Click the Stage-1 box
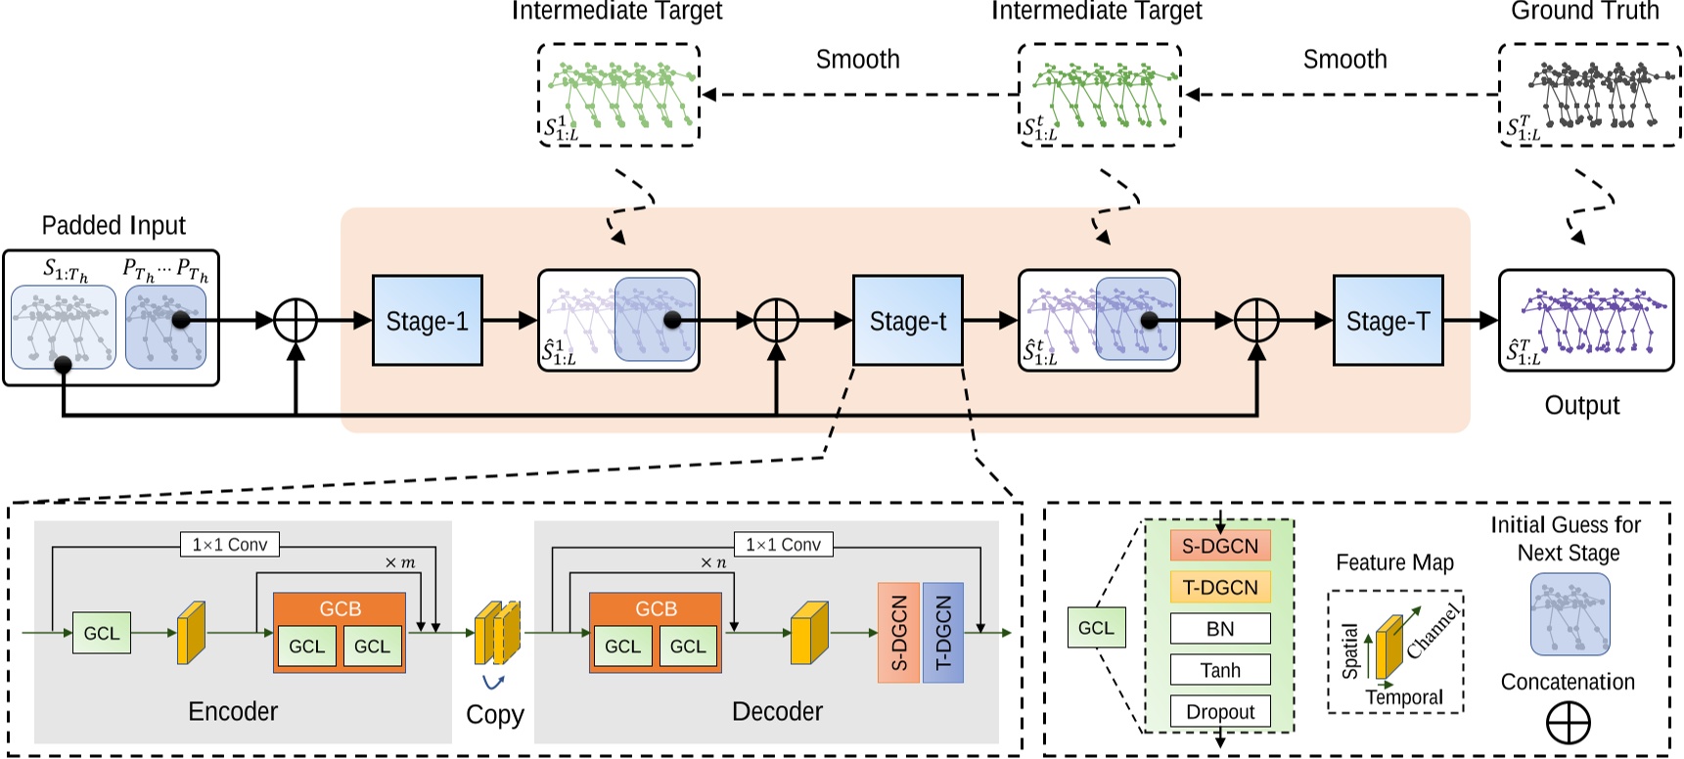click(427, 321)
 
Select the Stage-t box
click(907, 321)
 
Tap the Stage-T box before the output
click(1388, 321)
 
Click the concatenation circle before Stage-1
click(296, 320)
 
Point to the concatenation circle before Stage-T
click(1256, 320)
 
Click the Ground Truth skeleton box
click(1589, 95)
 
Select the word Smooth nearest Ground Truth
click(1344, 60)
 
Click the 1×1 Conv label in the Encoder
click(230, 545)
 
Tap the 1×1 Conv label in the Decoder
click(783, 545)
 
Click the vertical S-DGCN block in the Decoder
click(899, 633)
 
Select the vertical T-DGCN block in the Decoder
click(943, 633)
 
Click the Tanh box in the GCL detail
click(1220, 670)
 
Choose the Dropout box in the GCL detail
click(1220, 711)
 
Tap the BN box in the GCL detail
click(1220, 629)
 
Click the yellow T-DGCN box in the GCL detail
click(1220, 587)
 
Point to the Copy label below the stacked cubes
click(495, 715)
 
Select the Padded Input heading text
click(114, 226)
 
